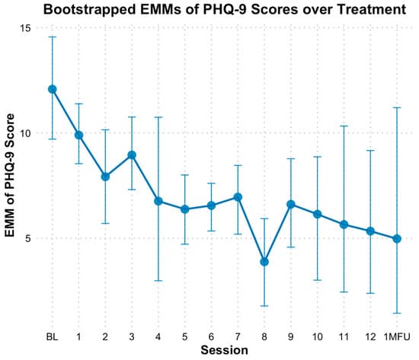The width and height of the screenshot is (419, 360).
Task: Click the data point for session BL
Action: coord(53,89)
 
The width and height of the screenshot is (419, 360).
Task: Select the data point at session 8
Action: coord(264,262)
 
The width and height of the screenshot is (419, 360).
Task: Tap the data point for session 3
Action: coord(132,155)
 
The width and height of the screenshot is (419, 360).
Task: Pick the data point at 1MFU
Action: coord(397,239)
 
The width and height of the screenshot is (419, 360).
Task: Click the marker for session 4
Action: coord(158,201)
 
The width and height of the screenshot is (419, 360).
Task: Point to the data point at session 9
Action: coord(291,204)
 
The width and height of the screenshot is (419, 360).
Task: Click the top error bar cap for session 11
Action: coord(344,126)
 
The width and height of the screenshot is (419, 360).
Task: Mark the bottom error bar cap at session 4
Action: coord(158,281)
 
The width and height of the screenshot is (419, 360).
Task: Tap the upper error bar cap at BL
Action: coord(53,37)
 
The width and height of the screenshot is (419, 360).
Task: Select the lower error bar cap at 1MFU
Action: coord(397,313)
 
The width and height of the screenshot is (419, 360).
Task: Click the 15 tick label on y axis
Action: coord(24,28)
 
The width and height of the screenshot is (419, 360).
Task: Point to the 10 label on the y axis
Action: coord(24,133)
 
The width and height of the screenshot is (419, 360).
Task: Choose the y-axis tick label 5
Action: coord(27,238)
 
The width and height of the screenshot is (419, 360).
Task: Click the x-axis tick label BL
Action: coord(53,336)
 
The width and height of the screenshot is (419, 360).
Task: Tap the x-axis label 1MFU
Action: coord(397,336)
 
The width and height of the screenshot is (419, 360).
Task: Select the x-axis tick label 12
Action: coord(370,336)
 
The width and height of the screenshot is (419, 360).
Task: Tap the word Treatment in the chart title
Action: coord(360,11)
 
